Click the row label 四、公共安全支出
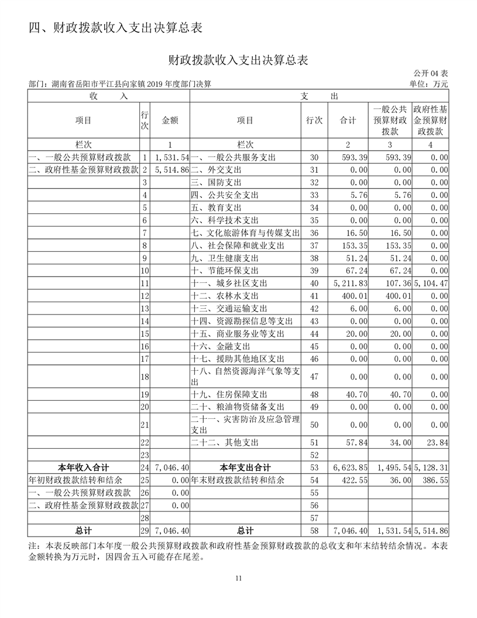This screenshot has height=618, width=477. [x=225, y=195]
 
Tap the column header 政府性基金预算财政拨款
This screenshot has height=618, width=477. [x=430, y=120]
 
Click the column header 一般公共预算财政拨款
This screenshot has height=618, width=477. [x=390, y=120]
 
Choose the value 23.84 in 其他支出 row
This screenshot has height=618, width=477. [x=436, y=443]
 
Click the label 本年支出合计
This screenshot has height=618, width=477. [x=245, y=467]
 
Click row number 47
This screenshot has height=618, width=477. [x=314, y=376]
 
